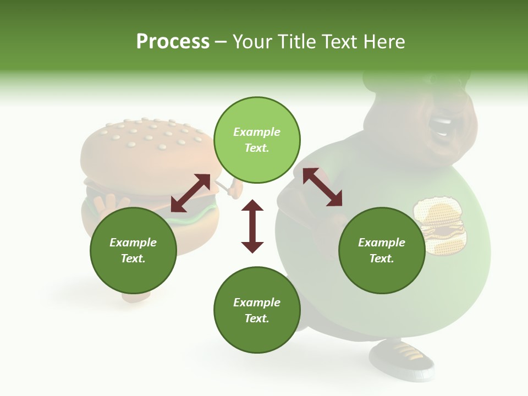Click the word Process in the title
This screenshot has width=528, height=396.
click(x=173, y=42)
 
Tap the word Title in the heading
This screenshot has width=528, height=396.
click(x=295, y=42)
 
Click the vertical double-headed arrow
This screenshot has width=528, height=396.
click(x=252, y=226)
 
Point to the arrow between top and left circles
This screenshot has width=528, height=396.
click(x=190, y=193)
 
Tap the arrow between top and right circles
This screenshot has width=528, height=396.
click(x=322, y=187)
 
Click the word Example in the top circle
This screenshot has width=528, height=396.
click(x=257, y=132)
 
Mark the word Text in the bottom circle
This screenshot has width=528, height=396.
click(x=257, y=318)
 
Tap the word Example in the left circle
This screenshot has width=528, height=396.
click(x=133, y=243)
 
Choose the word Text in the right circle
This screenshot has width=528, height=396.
click(x=382, y=258)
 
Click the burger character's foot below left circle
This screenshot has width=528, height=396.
click(x=136, y=297)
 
